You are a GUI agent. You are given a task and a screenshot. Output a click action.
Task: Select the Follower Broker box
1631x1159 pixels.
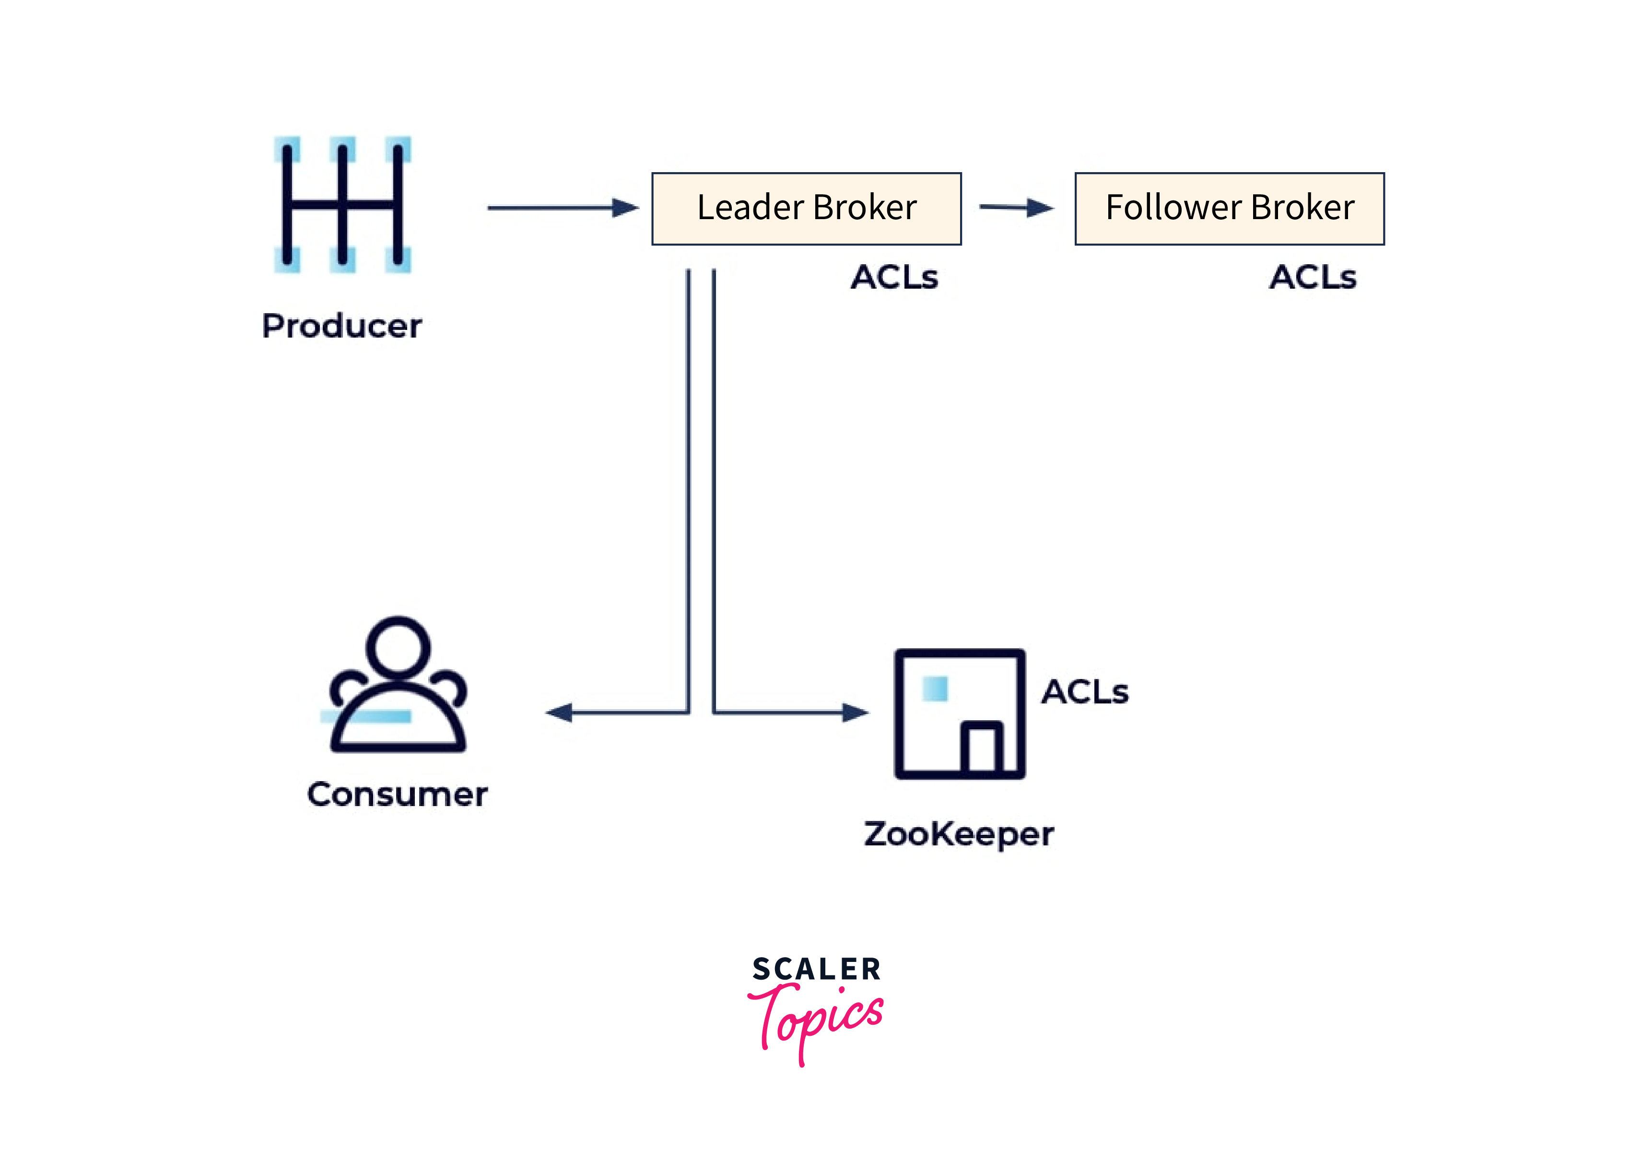pos(1229,209)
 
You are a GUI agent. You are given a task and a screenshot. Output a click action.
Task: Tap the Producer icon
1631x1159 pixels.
pos(342,205)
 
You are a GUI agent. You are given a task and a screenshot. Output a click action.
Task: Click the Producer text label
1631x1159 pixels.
pos(342,326)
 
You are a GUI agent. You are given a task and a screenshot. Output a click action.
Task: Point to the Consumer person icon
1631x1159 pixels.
pos(398,685)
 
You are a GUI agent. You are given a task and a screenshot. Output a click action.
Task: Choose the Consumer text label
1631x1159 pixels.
pos(398,794)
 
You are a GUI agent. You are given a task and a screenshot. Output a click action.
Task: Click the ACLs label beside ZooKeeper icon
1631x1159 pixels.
pos(1085,691)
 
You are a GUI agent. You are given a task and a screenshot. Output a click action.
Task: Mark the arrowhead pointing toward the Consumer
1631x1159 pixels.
pos(560,712)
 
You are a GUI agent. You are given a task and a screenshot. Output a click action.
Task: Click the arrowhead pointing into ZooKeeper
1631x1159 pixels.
pos(855,712)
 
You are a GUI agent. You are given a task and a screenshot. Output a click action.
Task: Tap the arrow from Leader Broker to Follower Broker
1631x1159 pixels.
pos(1016,208)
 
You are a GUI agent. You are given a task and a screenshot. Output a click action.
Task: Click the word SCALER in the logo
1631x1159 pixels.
pos(817,969)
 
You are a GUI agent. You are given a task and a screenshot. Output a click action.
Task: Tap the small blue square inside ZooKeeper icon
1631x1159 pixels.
pos(935,689)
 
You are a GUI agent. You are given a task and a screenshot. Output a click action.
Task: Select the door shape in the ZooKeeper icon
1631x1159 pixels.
pos(982,747)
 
